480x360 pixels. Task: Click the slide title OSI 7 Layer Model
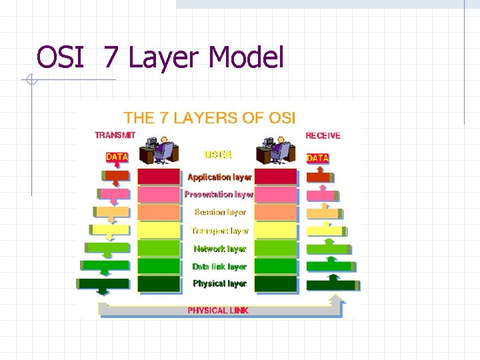pos(160,57)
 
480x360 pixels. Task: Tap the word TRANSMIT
pos(115,135)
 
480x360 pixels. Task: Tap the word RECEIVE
pos(323,135)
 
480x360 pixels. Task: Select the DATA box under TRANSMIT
pos(117,157)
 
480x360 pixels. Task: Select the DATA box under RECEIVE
pos(317,158)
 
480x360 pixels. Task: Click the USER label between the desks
pos(218,155)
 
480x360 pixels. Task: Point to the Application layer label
pos(219,177)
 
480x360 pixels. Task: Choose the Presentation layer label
pos(219,195)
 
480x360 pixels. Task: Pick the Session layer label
pos(220,212)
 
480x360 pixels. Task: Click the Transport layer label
pos(219,231)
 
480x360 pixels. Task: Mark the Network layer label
pos(219,249)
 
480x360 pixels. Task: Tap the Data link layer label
pos(219,267)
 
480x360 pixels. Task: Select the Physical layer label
pos(219,283)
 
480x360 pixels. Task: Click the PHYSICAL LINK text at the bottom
pos(218,311)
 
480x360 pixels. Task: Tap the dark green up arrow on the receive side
pos(331,284)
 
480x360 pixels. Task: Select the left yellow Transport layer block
pos(159,231)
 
